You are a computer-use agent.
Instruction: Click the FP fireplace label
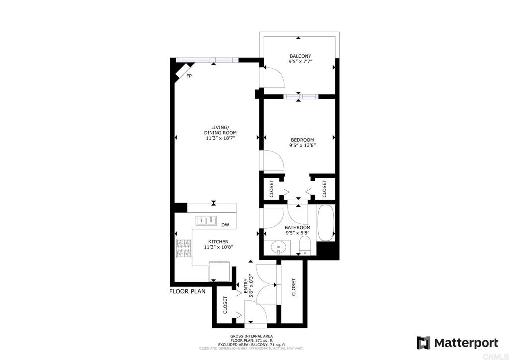point(189,76)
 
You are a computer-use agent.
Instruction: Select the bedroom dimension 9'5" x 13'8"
point(303,145)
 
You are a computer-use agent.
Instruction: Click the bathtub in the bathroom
point(326,222)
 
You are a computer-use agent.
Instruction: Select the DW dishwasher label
point(225,225)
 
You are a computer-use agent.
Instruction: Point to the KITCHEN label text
point(219,241)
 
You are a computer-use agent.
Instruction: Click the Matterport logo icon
point(423,343)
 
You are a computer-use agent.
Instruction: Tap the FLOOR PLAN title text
point(187,291)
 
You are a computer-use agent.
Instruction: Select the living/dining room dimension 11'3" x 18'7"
point(220,138)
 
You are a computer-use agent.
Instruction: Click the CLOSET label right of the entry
point(294,287)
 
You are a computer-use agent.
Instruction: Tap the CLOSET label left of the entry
point(225,305)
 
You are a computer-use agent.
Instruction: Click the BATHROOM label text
point(297,227)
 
